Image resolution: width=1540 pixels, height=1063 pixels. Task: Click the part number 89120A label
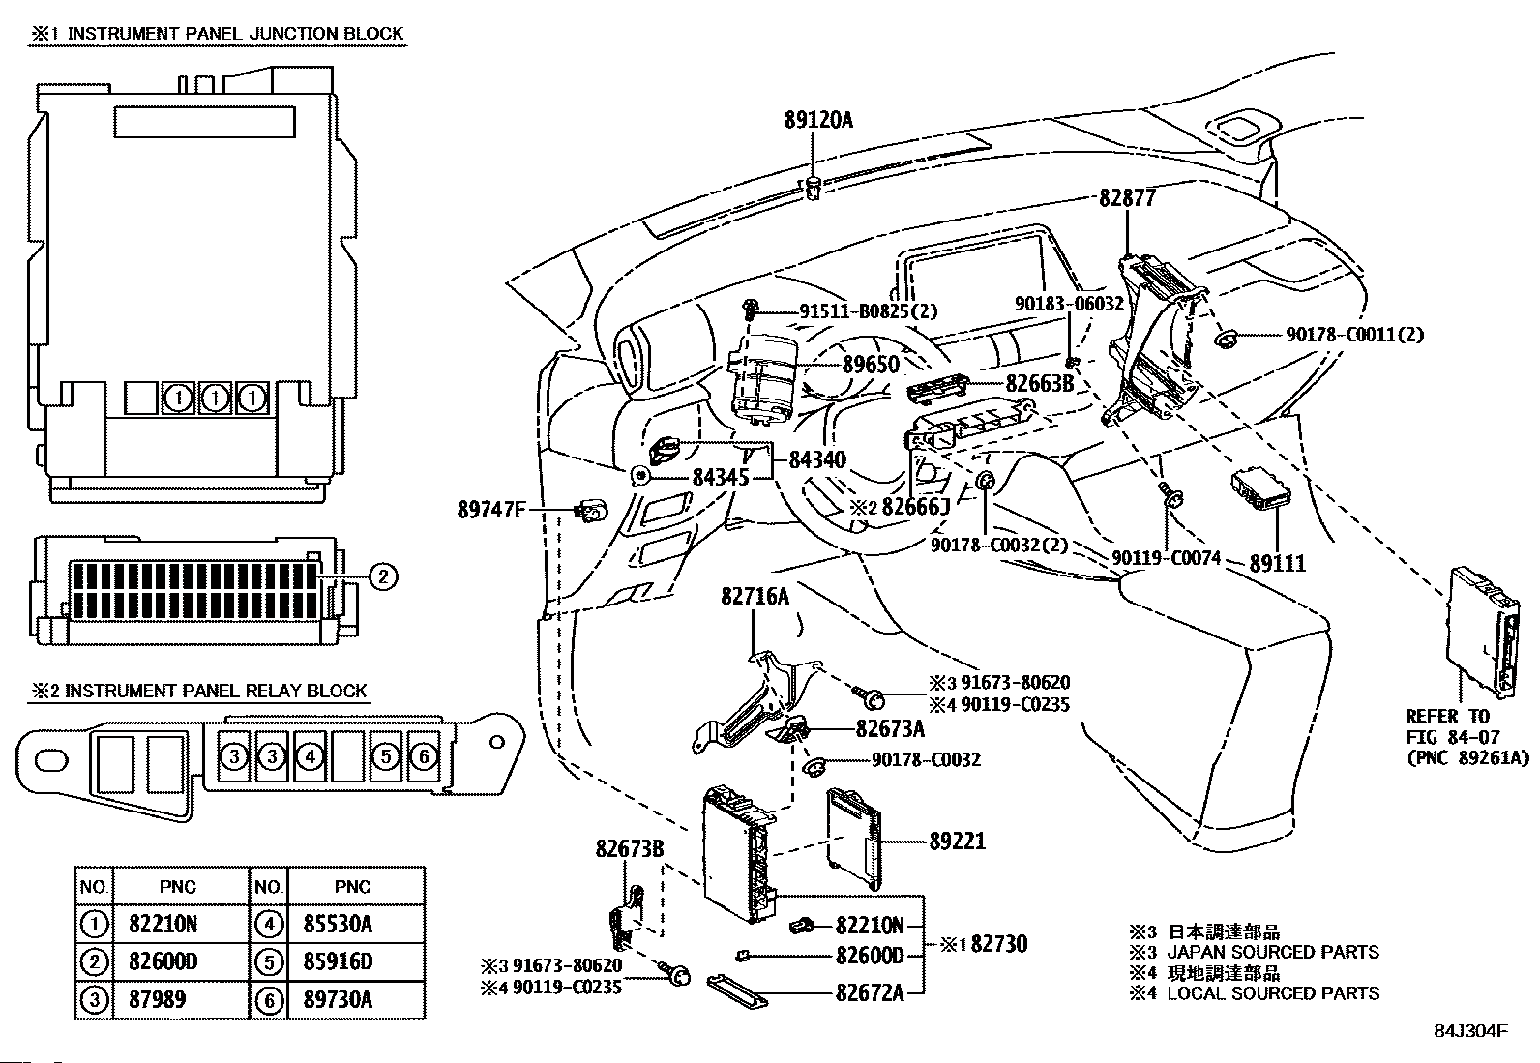click(818, 121)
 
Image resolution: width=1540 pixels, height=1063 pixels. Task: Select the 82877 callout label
click(1128, 197)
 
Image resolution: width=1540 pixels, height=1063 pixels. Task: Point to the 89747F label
click(490, 507)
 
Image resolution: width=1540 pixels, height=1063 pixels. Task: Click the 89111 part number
click(1277, 562)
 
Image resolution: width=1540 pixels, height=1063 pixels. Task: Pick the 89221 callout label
click(958, 841)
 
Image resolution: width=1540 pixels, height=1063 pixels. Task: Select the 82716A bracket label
click(755, 597)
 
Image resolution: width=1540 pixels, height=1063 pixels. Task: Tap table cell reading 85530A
click(345, 924)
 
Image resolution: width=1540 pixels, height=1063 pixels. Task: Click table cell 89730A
click(345, 999)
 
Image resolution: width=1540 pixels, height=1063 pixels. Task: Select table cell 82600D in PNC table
click(163, 961)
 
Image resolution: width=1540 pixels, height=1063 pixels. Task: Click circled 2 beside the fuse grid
click(382, 577)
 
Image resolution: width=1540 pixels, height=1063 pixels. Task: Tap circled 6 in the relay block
click(423, 756)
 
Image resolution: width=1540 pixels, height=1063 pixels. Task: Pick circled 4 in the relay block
click(309, 756)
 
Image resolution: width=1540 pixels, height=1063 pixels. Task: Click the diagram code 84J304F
click(1469, 1031)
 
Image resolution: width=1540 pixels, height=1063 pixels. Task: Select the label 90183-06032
click(1069, 303)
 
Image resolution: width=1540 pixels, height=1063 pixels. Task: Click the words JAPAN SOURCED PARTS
click(1272, 952)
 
